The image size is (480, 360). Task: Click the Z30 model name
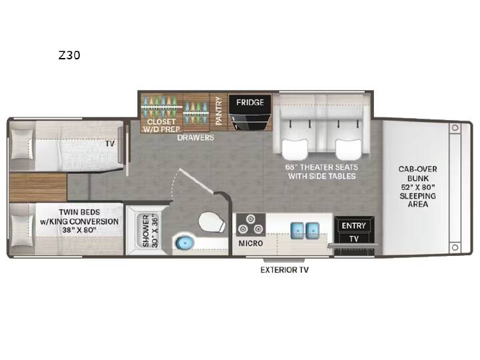69,55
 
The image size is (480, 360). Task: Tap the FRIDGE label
250,102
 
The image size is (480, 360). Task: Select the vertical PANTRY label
219,111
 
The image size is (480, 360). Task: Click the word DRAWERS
195,137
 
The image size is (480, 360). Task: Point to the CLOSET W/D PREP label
161,125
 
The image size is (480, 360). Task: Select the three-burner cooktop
251,225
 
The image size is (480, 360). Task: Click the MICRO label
251,243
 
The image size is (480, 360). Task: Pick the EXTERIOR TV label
285,270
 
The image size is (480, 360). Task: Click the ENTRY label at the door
353,226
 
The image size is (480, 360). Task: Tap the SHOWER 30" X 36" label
150,231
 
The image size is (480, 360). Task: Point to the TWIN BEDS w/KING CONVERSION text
79,221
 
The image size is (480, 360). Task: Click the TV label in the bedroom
110,143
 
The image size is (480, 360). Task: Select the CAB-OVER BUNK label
417,173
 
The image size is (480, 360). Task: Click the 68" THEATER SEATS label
322,167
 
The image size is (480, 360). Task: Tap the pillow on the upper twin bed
21,144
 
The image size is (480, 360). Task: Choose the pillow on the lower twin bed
21,230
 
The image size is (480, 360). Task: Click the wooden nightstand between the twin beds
38,187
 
